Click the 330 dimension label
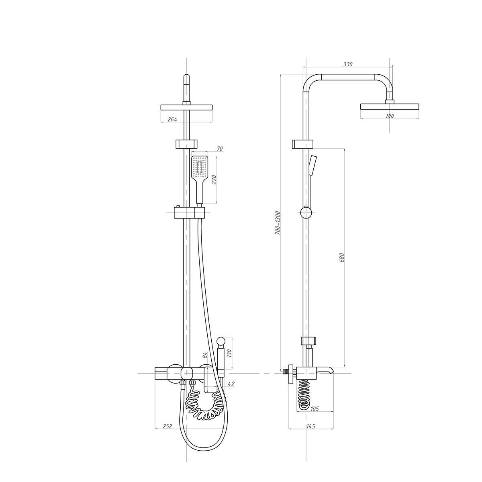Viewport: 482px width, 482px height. pos(348,64)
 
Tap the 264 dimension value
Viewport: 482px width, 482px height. pos(172,119)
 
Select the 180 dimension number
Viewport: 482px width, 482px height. pos(390,116)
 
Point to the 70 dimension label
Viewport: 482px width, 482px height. pos(219,149)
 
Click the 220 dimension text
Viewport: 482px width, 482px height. pos(214,180)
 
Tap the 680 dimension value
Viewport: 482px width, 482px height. pos(342,257)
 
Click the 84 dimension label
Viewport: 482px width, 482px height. pos(205,355)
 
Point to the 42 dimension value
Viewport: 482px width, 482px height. pos(231,384)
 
